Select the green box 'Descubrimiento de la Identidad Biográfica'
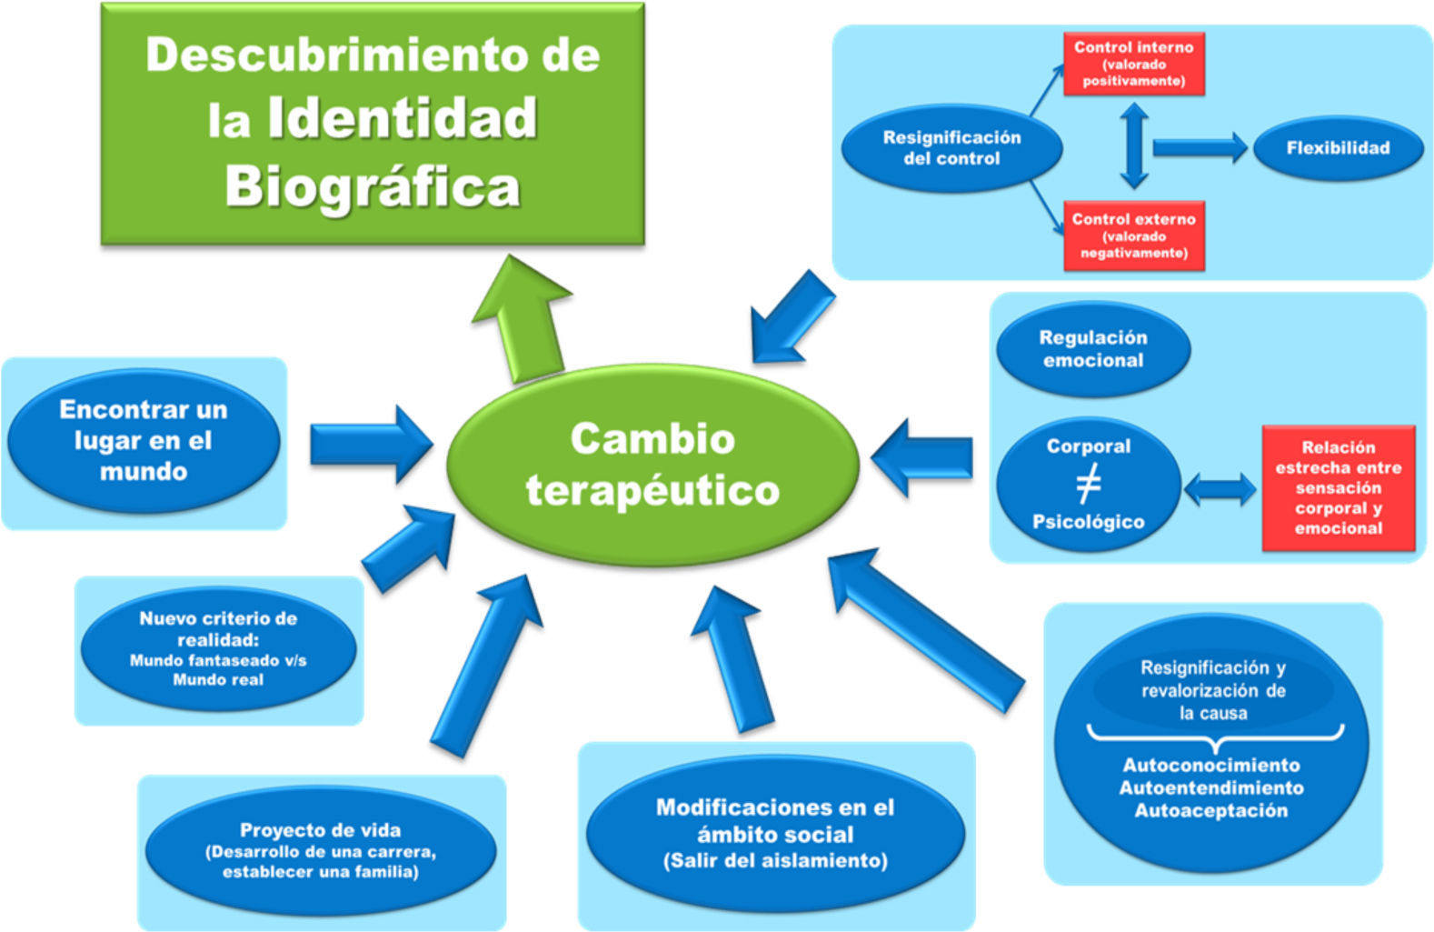tap(373, 124)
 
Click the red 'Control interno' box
tap(1133, 64)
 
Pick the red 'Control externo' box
tap(1133, 236)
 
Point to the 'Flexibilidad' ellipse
tap(1337, 148)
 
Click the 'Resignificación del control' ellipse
tap(951, 148)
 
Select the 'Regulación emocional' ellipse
tap(1092, 349)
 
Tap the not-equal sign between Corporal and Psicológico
tap(1088, 483)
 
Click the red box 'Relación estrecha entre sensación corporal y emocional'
tap(1338, 487)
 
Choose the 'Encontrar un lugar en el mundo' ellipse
tap(144, 440)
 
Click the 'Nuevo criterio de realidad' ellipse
tap(218, 648)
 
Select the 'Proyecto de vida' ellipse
tap(320, 850)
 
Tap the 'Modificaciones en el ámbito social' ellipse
tap(775, 834)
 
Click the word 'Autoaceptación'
tap(1210, 810)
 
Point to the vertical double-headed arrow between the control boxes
tap(1134, 145)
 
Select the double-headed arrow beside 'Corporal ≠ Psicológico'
tap(1220, 489)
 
